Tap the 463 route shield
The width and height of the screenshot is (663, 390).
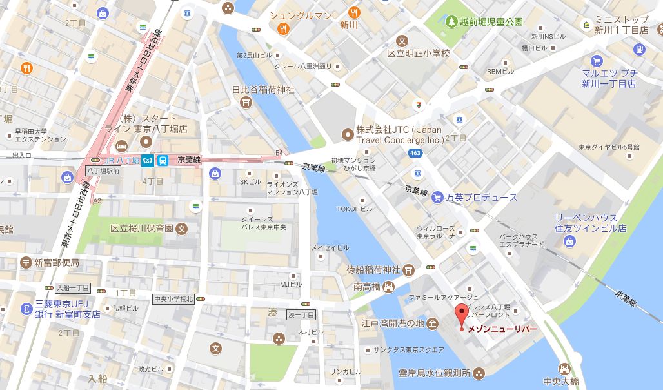click(x=415, y=152)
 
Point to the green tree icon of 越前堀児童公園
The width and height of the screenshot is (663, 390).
click(x=450, y=21)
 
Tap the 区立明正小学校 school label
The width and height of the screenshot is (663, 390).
click(x=427, y=53)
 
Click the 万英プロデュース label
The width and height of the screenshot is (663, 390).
click(x=482, y=197)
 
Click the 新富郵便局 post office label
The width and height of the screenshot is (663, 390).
click(x=57, y=262)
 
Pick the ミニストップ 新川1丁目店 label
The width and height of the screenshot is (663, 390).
click(x=630, y=25)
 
